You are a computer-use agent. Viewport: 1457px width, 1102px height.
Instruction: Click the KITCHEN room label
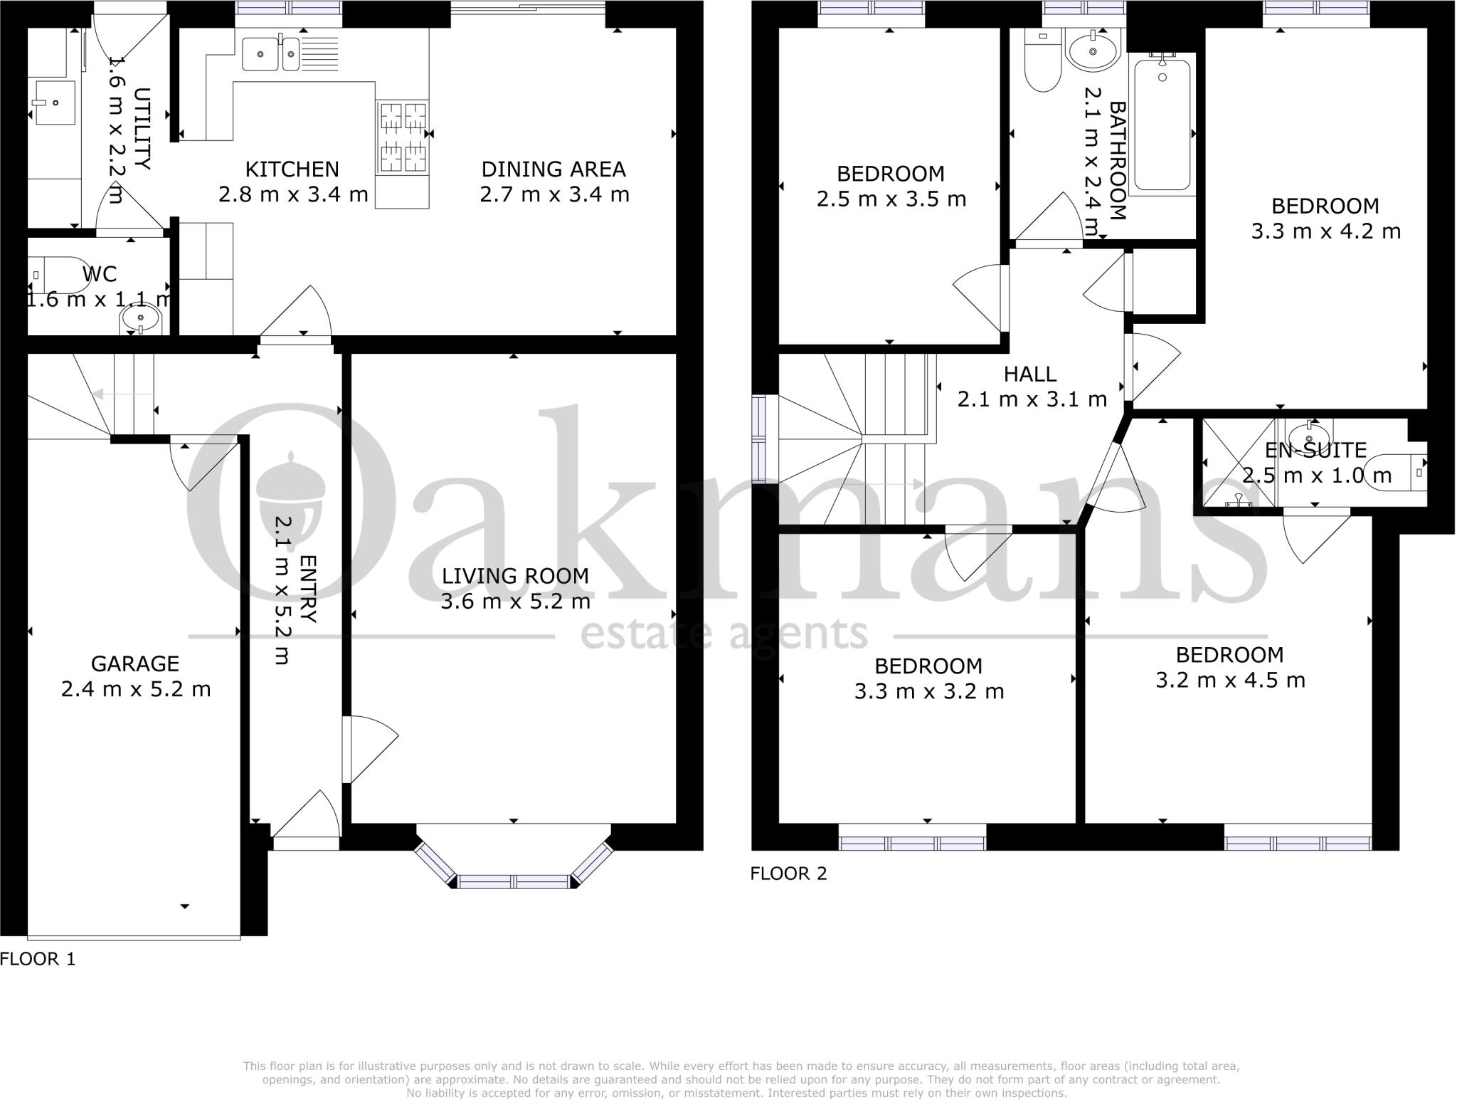click(292, 169)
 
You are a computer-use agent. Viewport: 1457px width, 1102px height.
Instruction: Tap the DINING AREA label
click(553, 169)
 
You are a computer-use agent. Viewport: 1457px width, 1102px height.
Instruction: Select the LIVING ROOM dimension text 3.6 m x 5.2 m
click(515, 602)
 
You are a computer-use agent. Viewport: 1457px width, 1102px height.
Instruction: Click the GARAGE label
click(135, 663)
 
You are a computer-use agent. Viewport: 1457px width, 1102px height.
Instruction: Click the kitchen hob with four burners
click(403, 138)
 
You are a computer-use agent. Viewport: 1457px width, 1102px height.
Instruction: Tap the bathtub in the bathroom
click(1162, 125)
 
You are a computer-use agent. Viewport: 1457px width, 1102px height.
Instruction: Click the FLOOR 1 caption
click(38, 959)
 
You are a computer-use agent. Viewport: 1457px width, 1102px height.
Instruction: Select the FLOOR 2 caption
click(789, 873)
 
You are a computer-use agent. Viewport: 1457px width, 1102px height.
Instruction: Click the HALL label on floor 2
click(1029, 374)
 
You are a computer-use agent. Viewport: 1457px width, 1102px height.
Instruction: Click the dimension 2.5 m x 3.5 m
click(891, 199)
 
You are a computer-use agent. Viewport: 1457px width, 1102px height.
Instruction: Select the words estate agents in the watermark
click(724, 634)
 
